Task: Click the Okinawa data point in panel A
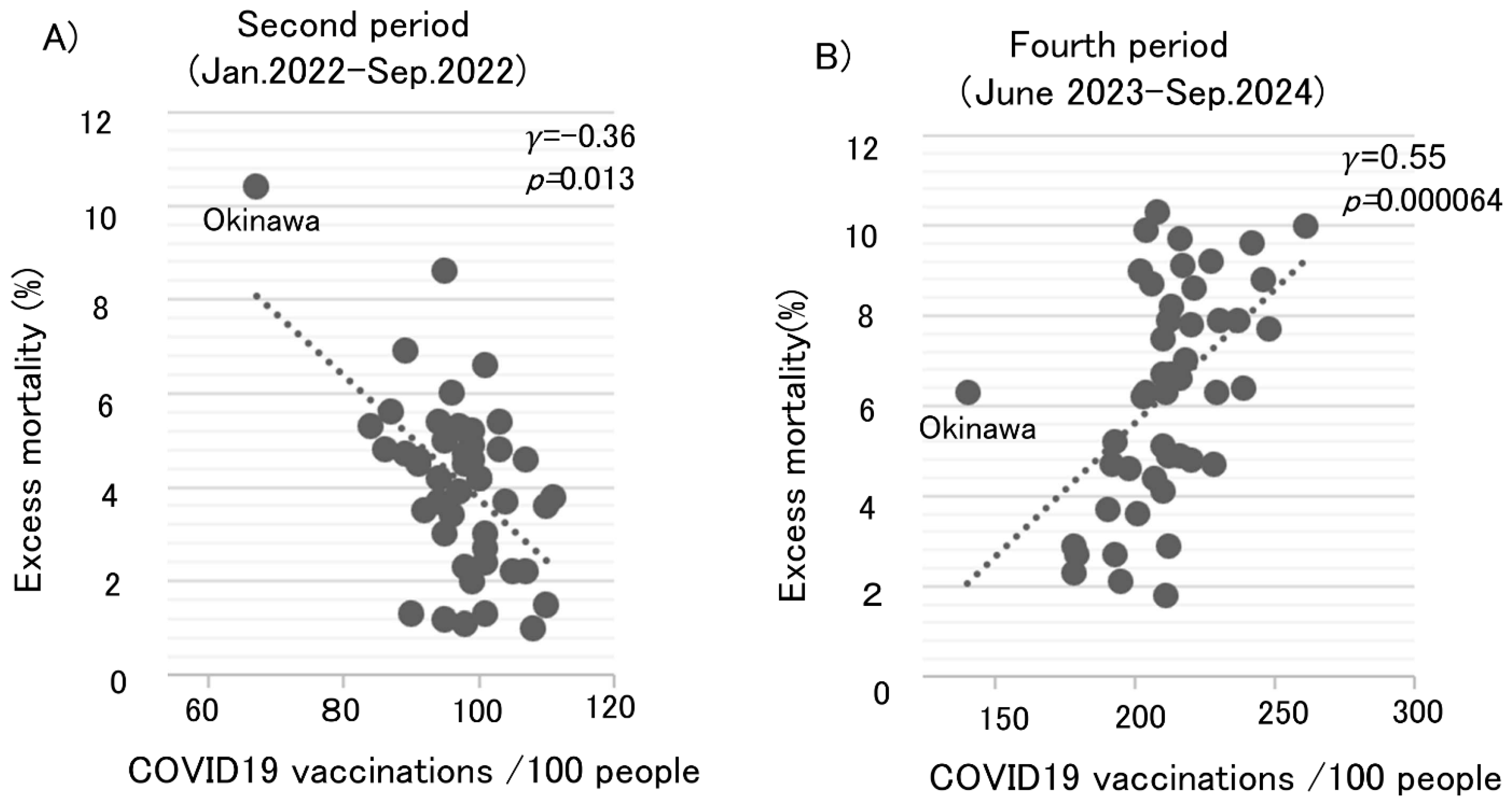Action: [x=256, y=187]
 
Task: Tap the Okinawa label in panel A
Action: [x=261, y=221]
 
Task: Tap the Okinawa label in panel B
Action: [x=977, y=429]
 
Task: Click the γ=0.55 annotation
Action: [x=1394, y=158]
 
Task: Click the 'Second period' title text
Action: [x=353, y=25]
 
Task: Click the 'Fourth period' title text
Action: [x=1118, y=46]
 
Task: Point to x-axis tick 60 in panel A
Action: [x=202, y=710]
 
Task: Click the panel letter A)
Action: [x=60, y=40]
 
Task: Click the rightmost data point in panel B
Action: [x=1305, y=226]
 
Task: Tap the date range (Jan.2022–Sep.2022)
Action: [x=357, y=73]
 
